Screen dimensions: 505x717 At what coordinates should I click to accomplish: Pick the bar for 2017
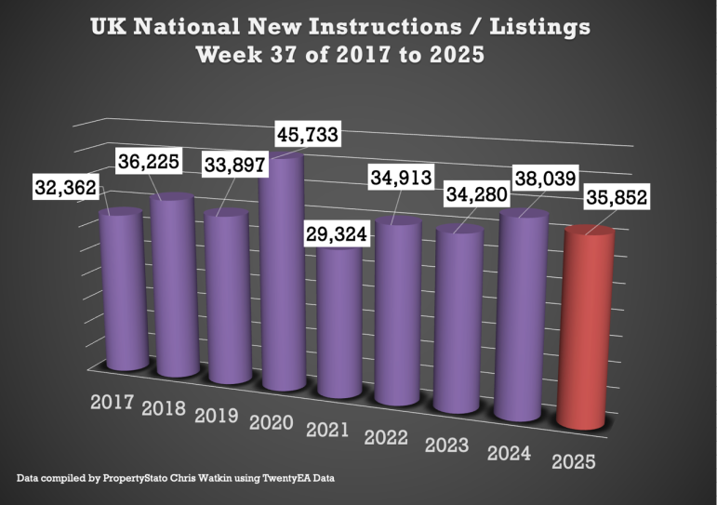point(122,288)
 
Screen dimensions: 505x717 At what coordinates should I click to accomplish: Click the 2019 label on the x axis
point(218,414)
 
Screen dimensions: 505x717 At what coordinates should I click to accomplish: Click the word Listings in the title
point(530,26)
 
